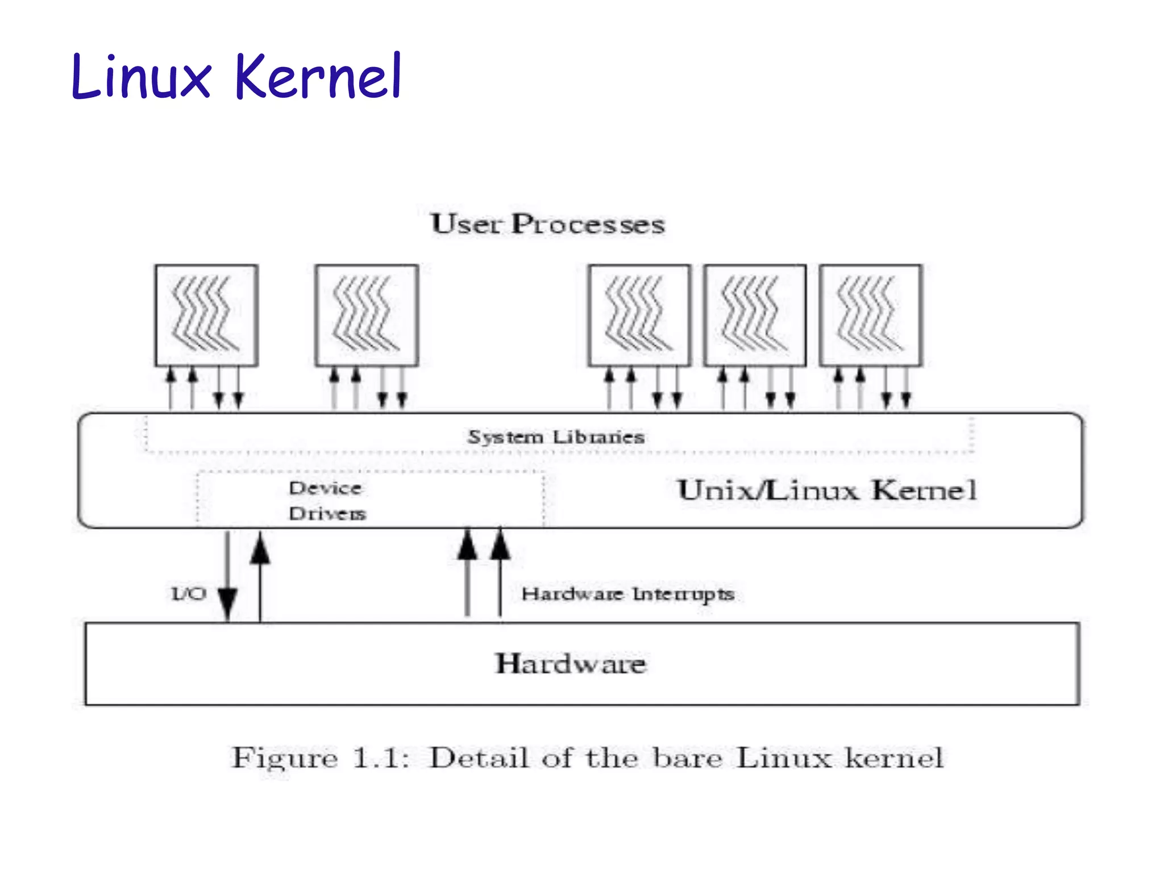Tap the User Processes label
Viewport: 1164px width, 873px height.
[547, 224]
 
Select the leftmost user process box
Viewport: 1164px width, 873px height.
[206, 315]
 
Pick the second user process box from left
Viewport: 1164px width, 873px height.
[367, 315]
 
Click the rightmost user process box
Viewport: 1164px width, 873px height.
[870, 315]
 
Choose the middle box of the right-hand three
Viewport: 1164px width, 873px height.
[755, 315]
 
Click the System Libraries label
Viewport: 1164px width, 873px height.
[556, 437]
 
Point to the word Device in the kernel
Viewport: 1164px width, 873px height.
[325, 488]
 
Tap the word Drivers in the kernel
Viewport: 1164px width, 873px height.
[327, 514]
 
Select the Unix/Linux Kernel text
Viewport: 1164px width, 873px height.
[827, 490]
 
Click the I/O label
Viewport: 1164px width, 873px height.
[189, 594]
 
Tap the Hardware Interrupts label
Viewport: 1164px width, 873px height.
[628, 595]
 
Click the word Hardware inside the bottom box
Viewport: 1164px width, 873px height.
[571, 664]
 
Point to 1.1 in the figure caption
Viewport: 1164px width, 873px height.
[380, 758]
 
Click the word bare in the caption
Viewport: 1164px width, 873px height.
[687, 758]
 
